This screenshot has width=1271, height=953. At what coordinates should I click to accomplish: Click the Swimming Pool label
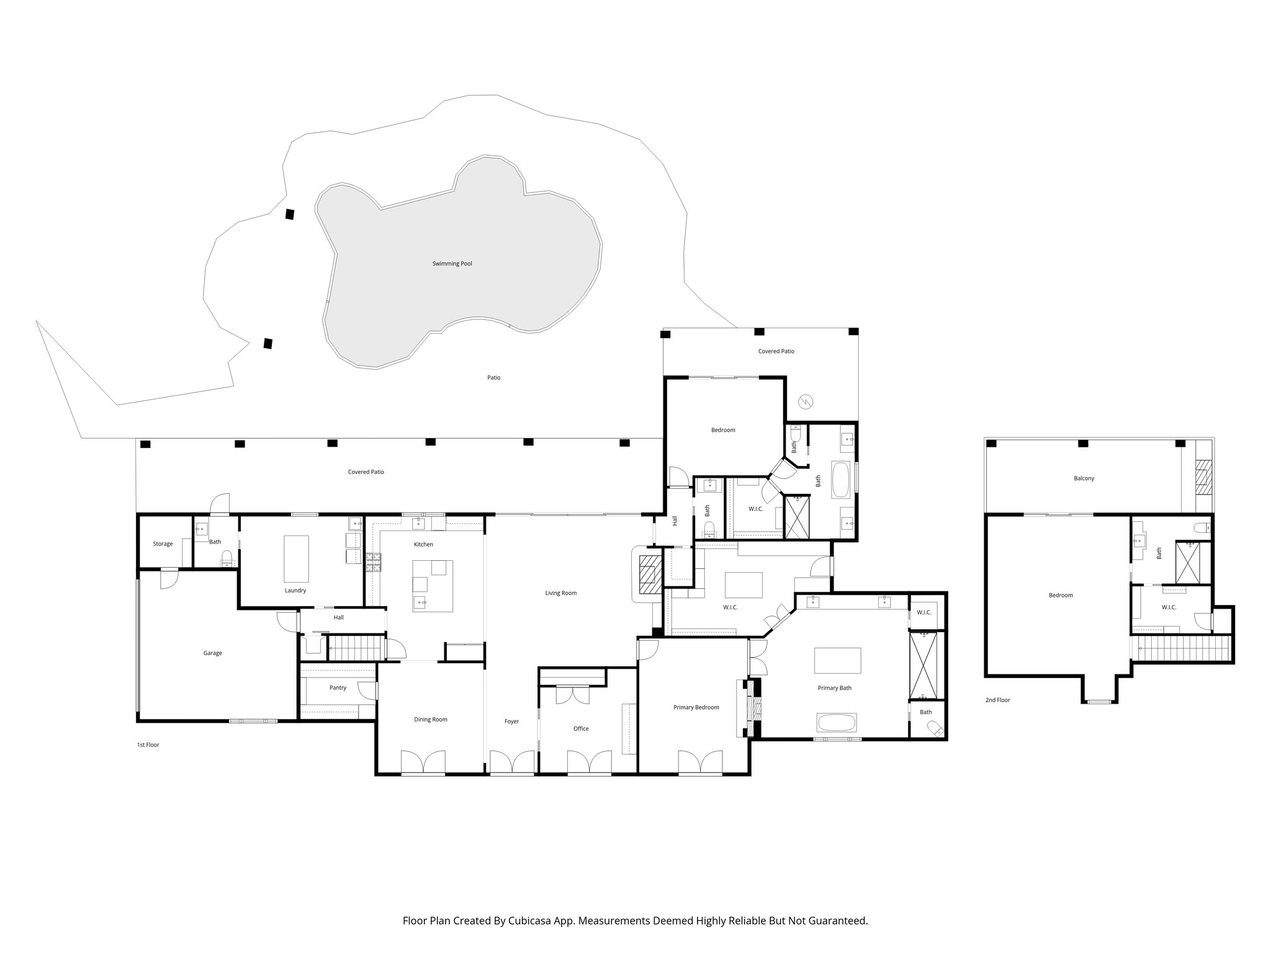pos(452,264)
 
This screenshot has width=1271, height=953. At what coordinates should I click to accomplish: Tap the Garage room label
pos(212,653)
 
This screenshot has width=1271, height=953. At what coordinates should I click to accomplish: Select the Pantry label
pos(338,687)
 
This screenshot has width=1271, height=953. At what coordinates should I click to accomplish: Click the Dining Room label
pos(431,720)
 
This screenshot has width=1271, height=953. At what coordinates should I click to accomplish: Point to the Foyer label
pos(511,722)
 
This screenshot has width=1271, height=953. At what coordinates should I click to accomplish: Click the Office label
pos(581,728)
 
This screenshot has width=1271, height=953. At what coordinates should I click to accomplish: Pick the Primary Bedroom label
pos(696,707)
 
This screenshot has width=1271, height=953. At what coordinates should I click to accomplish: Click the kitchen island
pos(433,586)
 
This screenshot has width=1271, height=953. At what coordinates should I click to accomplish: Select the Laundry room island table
pos(296,559)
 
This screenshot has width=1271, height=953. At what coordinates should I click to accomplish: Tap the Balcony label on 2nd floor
pos(1084,478)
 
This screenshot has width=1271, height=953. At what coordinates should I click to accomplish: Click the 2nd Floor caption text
pos(997,700)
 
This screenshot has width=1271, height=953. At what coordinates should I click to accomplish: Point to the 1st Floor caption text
pos(148,745)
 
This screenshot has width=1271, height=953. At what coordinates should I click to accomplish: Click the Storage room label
pos(163,544)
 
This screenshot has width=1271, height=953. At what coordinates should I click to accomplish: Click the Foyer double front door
pos(511,762)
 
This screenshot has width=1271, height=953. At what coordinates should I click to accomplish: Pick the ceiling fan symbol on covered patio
pos(806,401)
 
